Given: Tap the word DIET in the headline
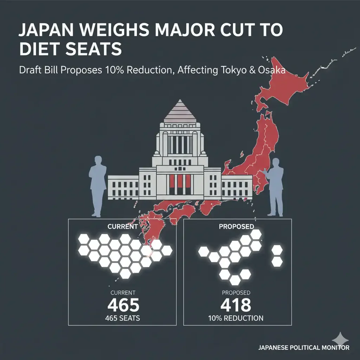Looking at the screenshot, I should (37, 50).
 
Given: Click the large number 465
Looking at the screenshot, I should (123, 306).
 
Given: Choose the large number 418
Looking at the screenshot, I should (236, 306).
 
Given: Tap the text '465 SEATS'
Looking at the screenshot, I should (123, 319).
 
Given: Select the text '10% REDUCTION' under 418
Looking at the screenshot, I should (236, 319).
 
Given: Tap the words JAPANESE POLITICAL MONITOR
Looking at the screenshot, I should (304, 348).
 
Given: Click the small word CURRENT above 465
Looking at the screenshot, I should (123, 292).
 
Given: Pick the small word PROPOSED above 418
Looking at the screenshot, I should (236, 292).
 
